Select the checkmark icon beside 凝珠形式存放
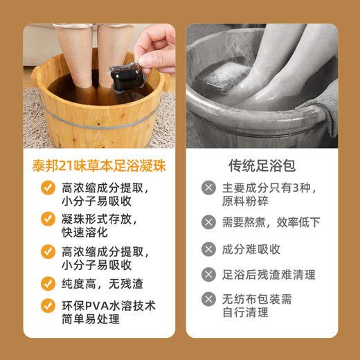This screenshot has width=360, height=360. click(48, 219)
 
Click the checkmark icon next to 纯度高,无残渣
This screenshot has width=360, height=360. click(48, 283)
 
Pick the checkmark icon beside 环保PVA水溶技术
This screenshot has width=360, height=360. click(48, 305)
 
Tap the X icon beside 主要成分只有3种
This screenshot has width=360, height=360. click(208, 188)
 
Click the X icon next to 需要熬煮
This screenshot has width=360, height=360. click(208, 222)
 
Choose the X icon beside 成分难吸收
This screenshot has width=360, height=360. click(208, 249)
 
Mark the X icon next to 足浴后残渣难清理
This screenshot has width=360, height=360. click(208, 275)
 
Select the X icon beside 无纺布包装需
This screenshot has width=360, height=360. click(208, 300)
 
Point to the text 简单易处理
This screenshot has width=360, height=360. click(91, 319)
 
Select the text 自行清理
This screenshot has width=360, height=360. click(245, 313)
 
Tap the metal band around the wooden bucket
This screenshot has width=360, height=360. click(97, 125)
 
